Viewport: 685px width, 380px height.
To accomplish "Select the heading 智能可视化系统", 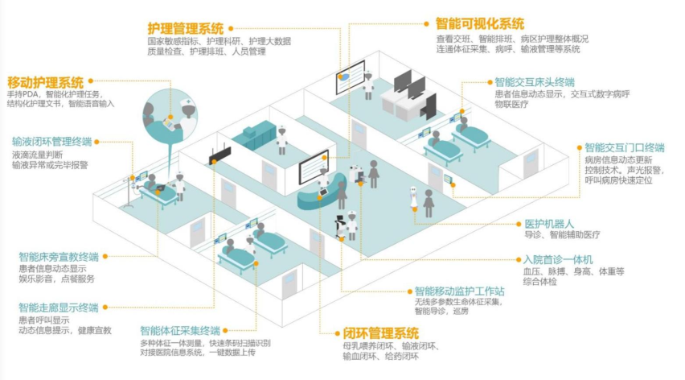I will point(480,23).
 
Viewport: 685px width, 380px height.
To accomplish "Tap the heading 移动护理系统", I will point(46,82).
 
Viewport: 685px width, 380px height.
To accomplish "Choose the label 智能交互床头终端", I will point(534,82).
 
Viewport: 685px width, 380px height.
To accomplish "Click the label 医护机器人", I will point(548,223).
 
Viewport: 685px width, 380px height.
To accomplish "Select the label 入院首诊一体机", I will point(558,259).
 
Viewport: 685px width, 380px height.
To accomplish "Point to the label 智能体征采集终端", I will point(179,329).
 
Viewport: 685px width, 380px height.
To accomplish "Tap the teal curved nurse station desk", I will point(314,193).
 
